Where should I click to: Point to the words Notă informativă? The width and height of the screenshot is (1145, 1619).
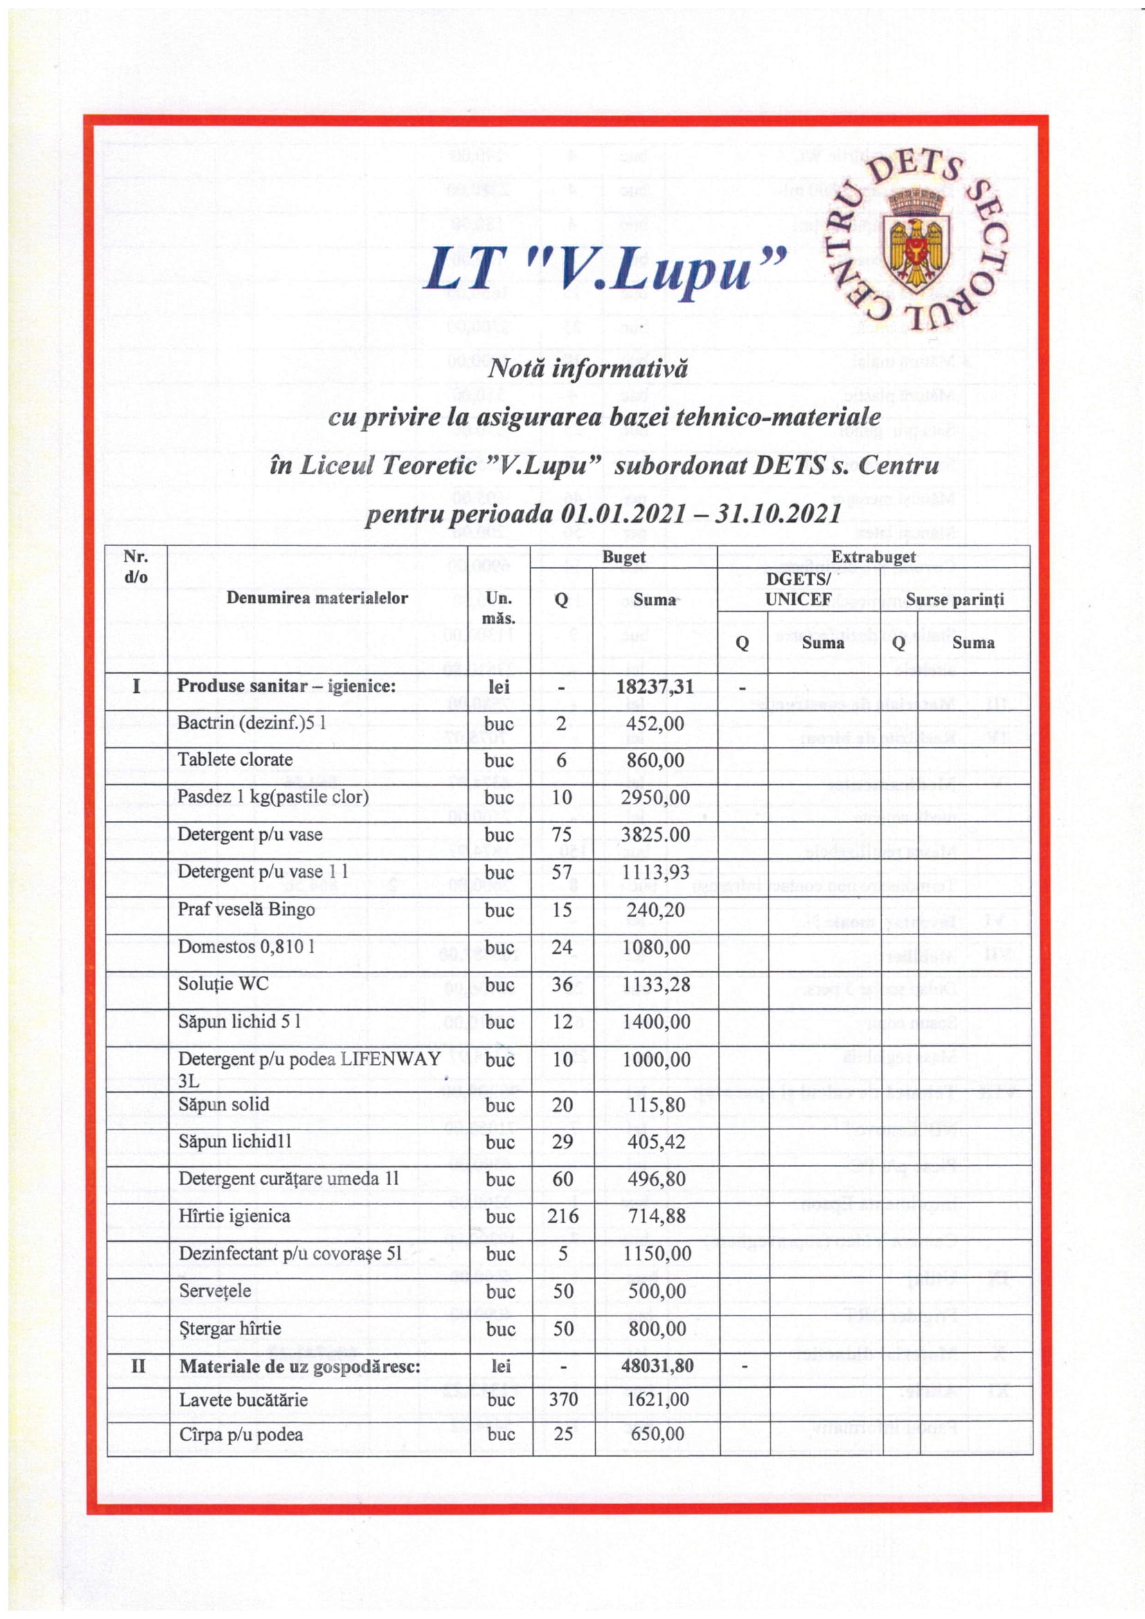(x=588, y=368)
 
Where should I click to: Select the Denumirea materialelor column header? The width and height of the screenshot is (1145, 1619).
(x=317, y=598)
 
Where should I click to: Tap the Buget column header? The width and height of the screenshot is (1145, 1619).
(x=624, y=557)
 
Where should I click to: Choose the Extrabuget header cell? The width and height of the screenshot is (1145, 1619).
(x=873, y=557)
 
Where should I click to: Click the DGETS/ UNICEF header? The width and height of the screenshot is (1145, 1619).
(x=798, y=589)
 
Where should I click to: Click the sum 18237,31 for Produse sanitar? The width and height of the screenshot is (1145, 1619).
(x=655, y=686)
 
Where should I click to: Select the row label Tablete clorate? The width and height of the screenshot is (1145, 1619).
(x=235, y=760)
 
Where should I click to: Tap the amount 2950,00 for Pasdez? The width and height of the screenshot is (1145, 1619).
(x=655, y=797)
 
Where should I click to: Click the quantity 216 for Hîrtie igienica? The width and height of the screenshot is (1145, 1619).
(x=563, y=1216)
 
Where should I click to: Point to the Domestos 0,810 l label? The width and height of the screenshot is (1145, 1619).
(x=245, y=946)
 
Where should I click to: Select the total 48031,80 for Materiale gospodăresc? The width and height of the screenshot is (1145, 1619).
(x=656, y=1366)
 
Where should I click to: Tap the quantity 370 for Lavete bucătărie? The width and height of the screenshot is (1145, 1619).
(x=564, y=1400)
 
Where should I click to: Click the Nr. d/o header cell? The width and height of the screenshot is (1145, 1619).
(x=136, y=566)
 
